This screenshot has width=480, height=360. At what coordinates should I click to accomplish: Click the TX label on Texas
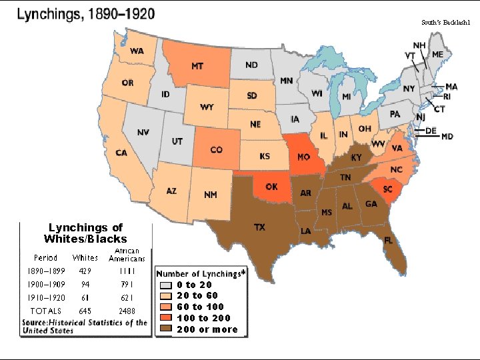pos(259,227)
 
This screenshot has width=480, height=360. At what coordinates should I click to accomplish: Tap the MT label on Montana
pos(197,66)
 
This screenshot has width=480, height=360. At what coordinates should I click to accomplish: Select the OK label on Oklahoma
pos(271,187)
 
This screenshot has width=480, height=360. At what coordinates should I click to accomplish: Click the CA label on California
pos(121,153)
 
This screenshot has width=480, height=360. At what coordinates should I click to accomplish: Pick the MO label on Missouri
pos(303,157)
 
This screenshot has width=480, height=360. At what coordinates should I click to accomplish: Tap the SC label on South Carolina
pos(387,189)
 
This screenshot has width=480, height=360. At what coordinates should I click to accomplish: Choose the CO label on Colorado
pos(216,150)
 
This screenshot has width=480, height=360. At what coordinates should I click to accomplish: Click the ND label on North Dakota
pos(251,65)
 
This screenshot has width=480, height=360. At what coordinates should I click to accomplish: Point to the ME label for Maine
pos(437,54)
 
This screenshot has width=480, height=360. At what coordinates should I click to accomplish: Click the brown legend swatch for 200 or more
pos(167,329)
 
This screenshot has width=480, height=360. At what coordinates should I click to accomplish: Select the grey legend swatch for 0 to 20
pos(167,285)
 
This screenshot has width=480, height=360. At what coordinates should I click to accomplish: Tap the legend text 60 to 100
pos(201,307)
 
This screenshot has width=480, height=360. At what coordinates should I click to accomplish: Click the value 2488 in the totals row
pos(126,311)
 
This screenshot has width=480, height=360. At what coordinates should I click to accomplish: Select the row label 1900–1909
pos(45,285)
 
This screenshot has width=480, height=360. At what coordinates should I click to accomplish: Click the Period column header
pos(45,257)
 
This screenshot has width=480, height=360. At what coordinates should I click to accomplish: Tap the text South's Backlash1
pos(445,22)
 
